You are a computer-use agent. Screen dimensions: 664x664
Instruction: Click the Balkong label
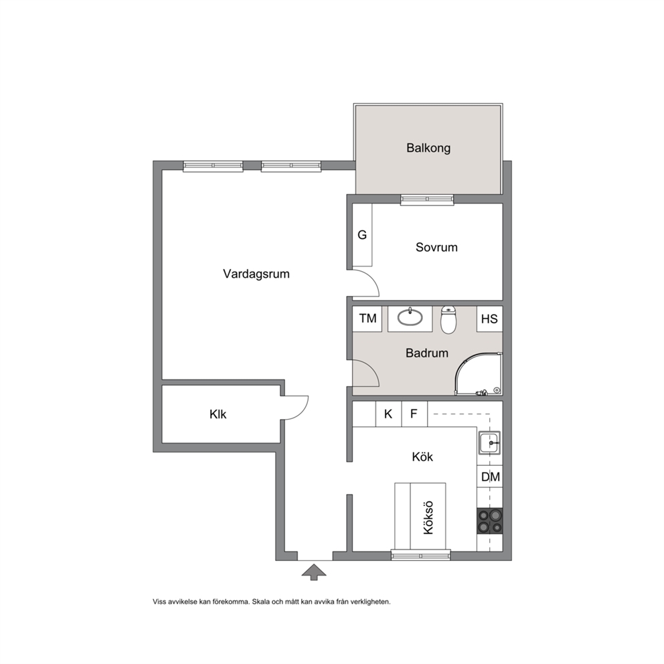pos(428,148)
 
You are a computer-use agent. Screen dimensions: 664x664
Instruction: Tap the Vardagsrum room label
pos(256,274)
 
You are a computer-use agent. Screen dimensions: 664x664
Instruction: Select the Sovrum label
pos(436,247)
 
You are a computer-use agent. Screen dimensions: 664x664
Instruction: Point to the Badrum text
pos(427,353)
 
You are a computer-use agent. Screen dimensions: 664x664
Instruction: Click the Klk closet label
pos(218,414)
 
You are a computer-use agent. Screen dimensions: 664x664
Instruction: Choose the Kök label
pos(422,457)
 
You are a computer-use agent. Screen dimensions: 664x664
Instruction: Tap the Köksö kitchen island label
pos(428,517)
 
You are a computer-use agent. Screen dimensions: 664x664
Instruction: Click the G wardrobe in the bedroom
pos(362,235)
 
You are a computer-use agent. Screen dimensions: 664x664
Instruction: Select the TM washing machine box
pos(367,319)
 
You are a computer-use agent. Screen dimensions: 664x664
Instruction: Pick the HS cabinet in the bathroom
pos(489,319)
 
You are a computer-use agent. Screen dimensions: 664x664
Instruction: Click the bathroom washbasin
pos(410,317)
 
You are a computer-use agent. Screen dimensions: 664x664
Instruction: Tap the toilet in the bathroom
pos(448,320)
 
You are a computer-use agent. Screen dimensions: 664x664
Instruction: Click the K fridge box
pos(388,414)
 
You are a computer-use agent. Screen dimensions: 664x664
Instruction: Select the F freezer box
pos(414,414)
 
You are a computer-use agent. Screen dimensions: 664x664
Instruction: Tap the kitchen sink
pos(490,443)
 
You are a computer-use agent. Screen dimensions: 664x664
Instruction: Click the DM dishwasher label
pos(491,477)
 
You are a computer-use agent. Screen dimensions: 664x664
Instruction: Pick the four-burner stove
pos(490,521)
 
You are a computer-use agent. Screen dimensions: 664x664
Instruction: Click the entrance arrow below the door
pos(314,572)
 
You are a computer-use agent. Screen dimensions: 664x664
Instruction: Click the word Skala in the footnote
pos(261,602)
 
